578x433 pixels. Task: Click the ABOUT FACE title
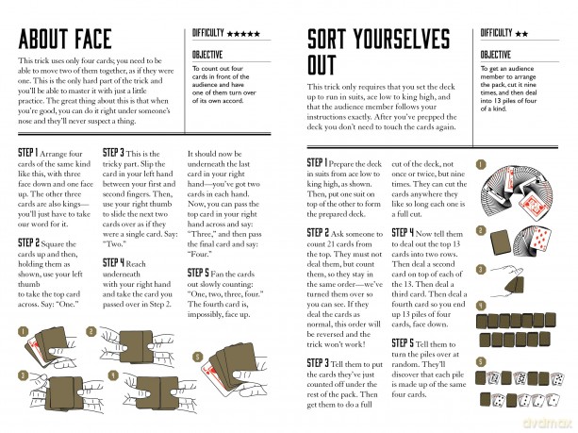[x=65, y=39]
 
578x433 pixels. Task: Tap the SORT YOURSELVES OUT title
[x=378, y=52]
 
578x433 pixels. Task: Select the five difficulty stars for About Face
[x=243, y=34]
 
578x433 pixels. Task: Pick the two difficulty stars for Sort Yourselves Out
[x=521, y=34]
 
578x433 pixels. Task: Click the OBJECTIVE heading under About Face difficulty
[x=207, y=55]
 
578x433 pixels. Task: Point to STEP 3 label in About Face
[x=113, y=153]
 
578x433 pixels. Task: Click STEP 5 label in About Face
[x=198, y=273]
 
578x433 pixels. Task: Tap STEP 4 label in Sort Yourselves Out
[x=403, y=233]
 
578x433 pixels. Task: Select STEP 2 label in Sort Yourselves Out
[x=318, y=233]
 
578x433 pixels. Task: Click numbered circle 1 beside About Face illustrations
[x=23, y=331]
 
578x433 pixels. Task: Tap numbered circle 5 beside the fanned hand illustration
[x=198, y=357]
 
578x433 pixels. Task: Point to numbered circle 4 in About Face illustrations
[x=113, y=375]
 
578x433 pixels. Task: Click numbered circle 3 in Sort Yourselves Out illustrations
[x=481, y=270]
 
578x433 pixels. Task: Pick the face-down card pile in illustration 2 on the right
[x=501, y=242]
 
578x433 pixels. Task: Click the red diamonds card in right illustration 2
[x=541, y=240]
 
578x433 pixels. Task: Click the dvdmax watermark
[x=548, y=423]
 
